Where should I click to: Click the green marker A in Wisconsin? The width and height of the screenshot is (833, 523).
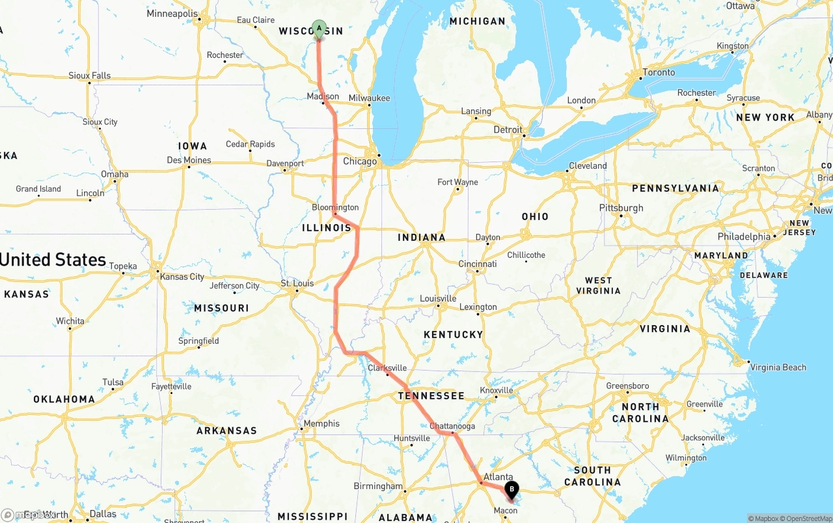tap(319, 28)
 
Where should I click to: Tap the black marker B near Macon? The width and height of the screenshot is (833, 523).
tap(512, 489)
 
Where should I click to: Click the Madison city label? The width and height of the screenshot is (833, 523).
tap(323, 96)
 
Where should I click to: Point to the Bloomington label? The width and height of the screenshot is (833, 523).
tap(335, 207)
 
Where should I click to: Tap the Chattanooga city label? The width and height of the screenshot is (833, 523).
tap(452, 426)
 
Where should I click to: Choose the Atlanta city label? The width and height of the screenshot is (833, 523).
tap(498, 477)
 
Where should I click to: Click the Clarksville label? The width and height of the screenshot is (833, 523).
tap(387, 368)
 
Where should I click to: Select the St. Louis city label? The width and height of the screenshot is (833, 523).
tap(297, 283)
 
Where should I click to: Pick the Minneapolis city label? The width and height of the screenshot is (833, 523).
tap(172, 14)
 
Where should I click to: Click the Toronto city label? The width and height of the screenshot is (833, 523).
tap(659, 72)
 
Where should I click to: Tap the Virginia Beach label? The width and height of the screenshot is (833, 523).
tap(778, 367)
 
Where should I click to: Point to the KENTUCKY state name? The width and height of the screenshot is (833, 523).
tap(454, 335)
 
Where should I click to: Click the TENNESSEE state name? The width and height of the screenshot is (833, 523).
tap(431, 396)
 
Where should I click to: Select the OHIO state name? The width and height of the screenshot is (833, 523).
tap(535, 216)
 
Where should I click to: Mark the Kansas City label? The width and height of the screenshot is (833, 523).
tap(182, 277)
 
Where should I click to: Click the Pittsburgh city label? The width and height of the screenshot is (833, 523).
tap(621, 208)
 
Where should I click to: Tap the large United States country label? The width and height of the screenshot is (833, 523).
tap(53, 260)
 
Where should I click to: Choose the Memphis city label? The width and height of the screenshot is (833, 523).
tap(321, 423)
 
